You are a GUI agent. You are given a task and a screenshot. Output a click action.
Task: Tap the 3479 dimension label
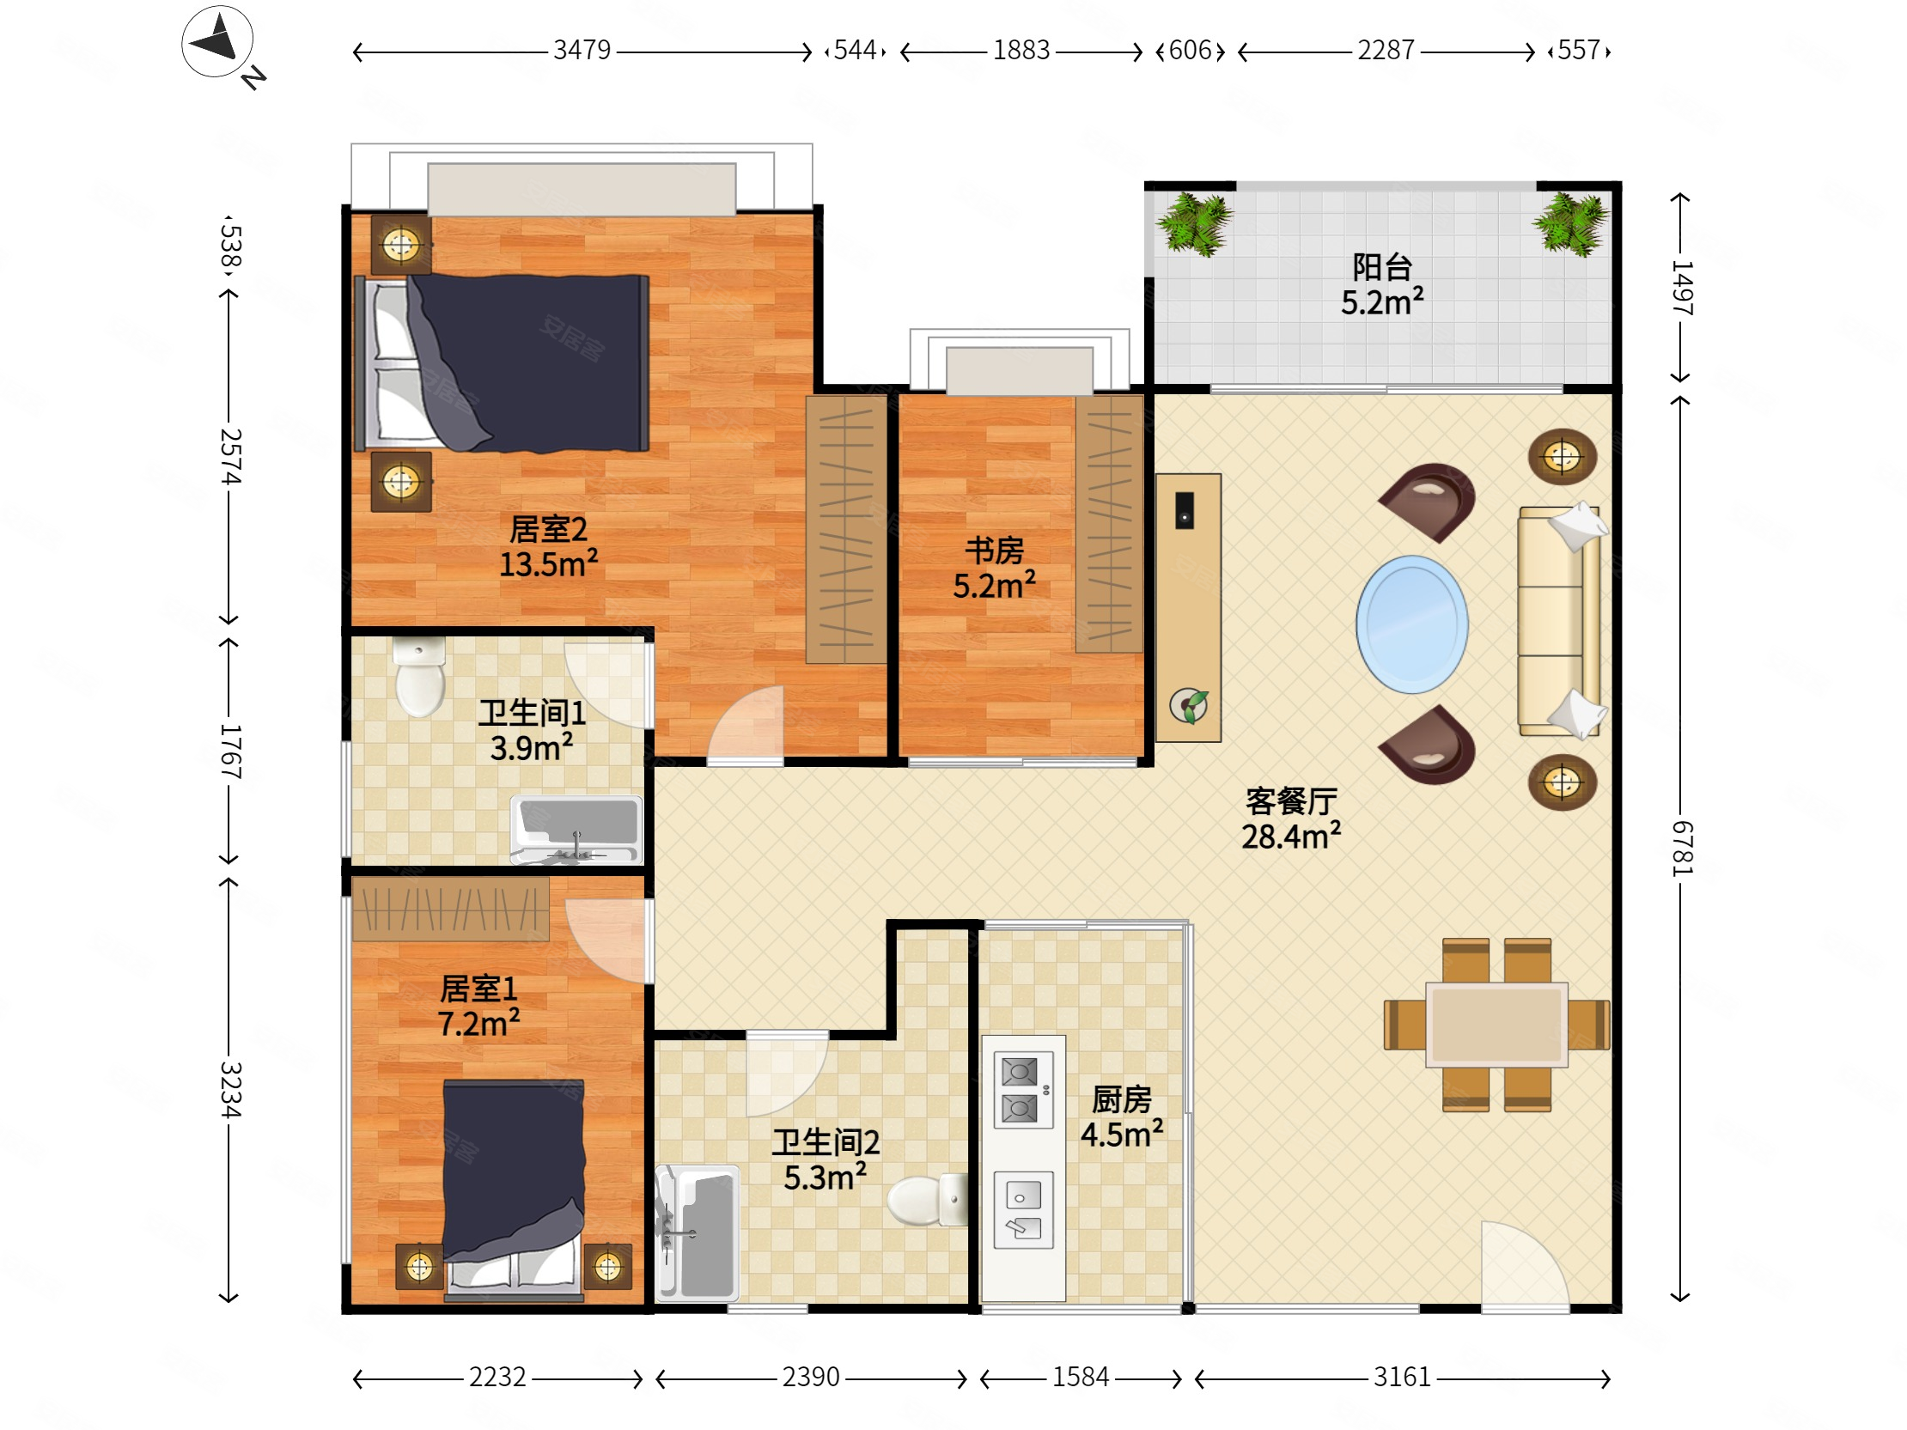(582, 50)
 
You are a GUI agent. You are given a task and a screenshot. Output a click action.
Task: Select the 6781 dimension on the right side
(1682, 849)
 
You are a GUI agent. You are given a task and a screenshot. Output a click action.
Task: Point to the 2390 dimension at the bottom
(810, 1377)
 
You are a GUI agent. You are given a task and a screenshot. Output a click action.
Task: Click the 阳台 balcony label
(1382, 267)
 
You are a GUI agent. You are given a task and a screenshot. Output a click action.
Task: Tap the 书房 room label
(994, 550)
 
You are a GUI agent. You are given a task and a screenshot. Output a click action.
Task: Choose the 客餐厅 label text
(1291, 801)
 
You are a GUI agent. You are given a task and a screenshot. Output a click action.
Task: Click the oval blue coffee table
(1412, 624)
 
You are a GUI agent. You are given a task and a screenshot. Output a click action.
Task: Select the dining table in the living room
(1496, 1025)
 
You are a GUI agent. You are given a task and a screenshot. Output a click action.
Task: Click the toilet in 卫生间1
(420, 677)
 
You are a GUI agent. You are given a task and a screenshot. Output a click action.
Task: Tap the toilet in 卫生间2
(928, 1199)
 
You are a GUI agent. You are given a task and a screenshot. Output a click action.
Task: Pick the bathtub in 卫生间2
(698, 1232)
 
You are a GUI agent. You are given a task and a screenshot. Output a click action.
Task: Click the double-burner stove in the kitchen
(1023, 1090)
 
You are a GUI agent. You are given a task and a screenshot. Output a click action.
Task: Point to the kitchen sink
(1023, 1210)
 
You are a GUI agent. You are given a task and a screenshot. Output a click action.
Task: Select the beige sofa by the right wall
(1559, 622)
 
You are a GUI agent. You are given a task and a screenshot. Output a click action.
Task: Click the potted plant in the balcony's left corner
(1194, 225)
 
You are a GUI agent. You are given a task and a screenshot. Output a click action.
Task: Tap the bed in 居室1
(514, 1190)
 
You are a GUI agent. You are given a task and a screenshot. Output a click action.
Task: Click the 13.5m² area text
(548, 564)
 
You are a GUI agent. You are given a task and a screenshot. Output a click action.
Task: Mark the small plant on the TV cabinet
(1189, 706)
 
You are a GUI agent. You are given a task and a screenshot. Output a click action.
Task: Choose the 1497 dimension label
(1682, 288)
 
